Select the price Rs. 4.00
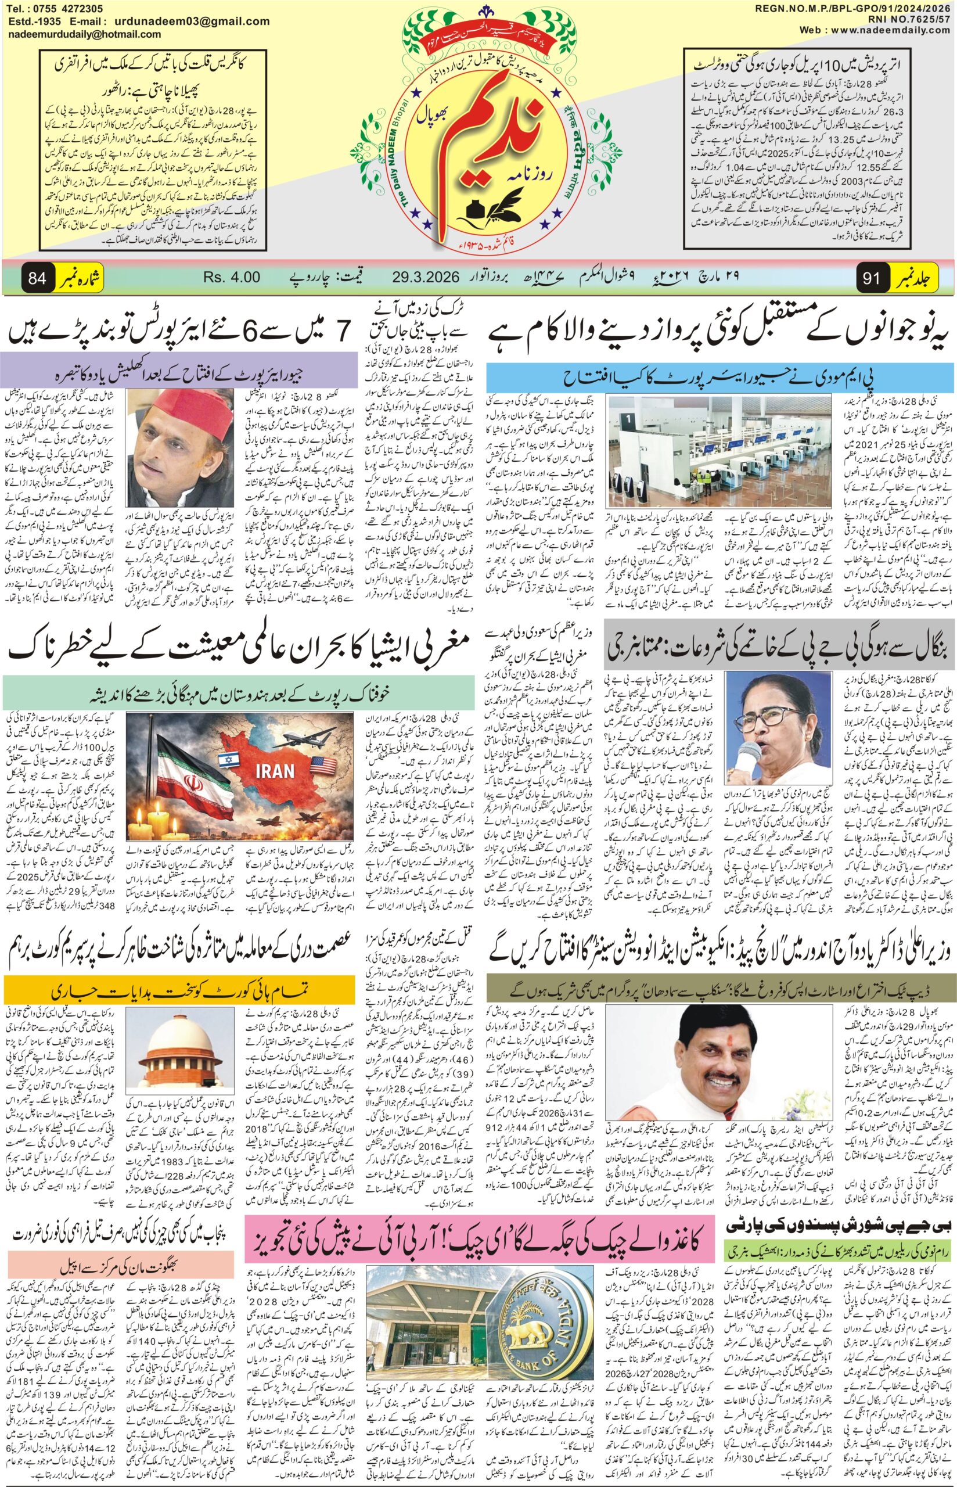231,277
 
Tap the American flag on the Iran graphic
322,763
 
